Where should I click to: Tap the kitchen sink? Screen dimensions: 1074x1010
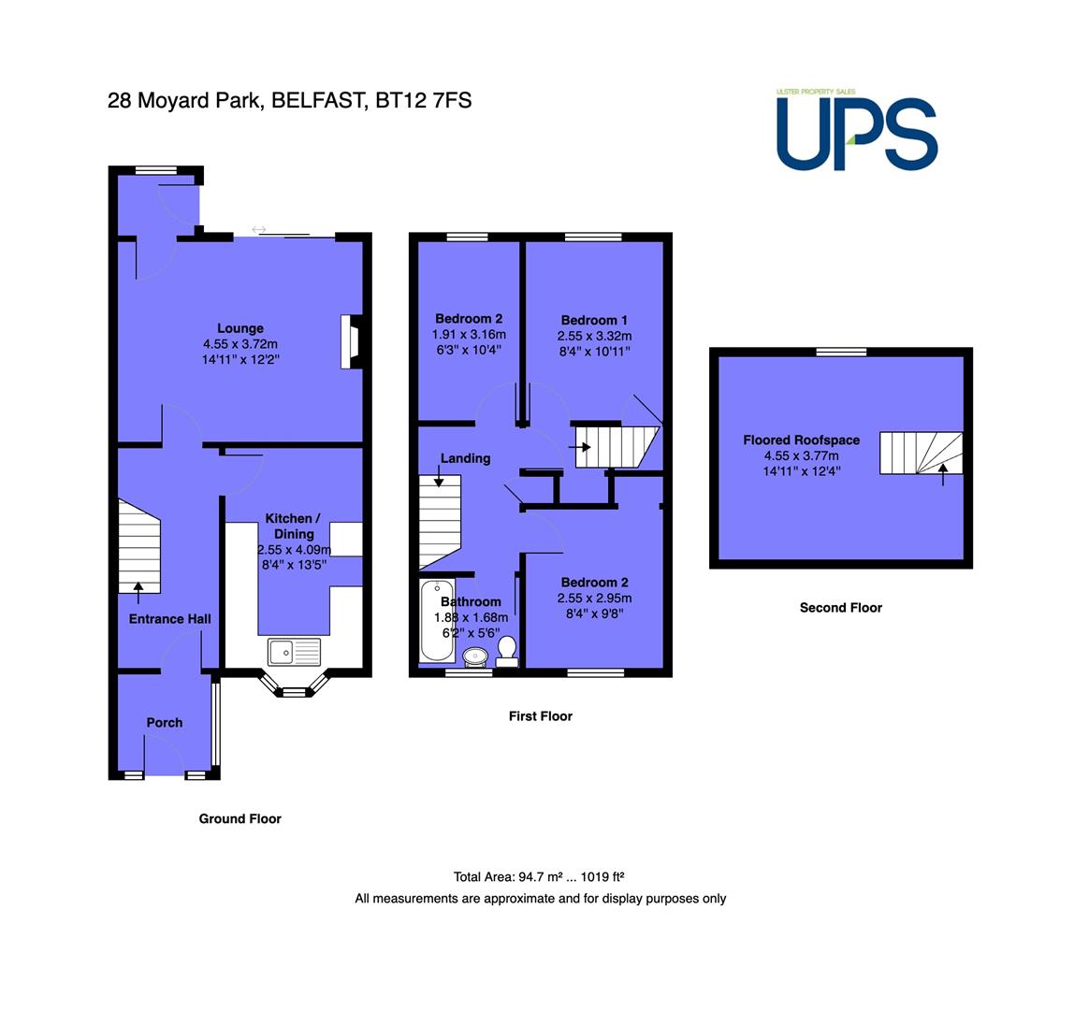point(294,652)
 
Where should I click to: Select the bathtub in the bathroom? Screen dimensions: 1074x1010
point(437,621)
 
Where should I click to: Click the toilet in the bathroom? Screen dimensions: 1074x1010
point(507,651)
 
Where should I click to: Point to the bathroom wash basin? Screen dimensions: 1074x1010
point(475,657)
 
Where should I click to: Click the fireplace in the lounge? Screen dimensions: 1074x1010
point(352,341)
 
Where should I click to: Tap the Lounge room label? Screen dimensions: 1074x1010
point(240,328)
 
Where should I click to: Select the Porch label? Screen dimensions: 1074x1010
point(165,722)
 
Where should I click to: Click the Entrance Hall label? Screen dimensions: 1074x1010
point(170,619)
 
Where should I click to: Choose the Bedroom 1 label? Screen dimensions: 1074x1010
point(594,320)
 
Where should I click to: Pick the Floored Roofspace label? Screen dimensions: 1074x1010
point(802,440)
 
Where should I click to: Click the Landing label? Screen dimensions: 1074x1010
point(465,458)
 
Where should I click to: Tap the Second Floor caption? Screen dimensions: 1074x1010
point(840,607)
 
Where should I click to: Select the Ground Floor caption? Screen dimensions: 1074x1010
point(239,818)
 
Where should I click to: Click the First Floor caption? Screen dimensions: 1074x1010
point(541,716)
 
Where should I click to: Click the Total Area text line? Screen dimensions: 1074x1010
point(538,876)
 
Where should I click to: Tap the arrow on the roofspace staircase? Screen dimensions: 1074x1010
point(943,474)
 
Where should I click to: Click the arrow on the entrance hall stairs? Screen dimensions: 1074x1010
point(138,593)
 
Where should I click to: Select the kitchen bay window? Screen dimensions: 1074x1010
point(295,685)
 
